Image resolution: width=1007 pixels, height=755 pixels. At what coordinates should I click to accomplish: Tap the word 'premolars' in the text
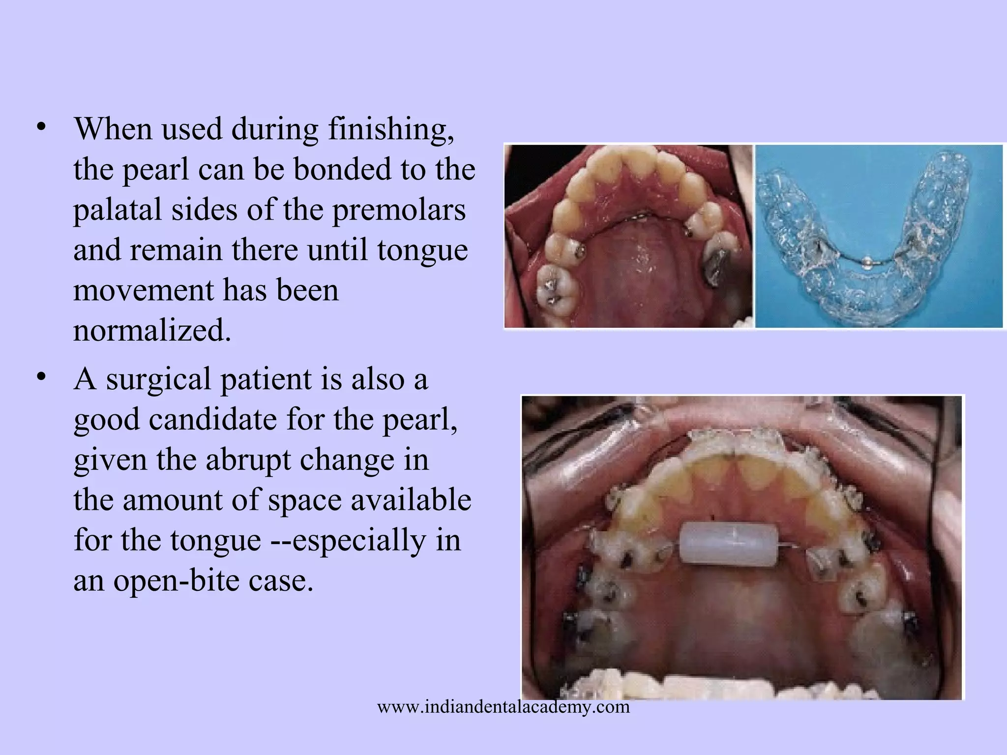coord(399,210)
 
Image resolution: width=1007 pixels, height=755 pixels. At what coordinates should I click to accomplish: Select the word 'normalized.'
coord(152,330)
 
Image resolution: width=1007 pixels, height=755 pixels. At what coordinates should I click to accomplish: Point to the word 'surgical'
coord(158,380)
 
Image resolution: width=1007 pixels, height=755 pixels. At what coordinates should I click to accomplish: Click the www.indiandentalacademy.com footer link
coord(503,707)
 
